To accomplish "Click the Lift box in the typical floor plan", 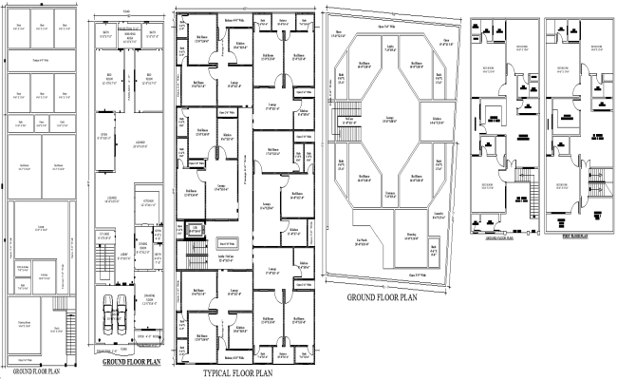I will coord(196,229).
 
